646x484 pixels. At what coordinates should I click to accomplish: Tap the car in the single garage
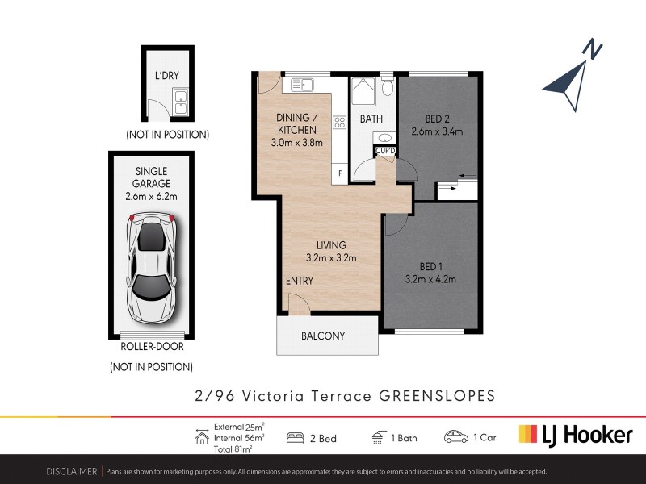pos(153,267)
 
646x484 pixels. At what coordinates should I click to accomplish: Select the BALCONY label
pos(323,336)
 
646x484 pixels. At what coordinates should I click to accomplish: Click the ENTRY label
pos(299,281)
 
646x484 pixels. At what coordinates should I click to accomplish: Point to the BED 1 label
pos(430,266)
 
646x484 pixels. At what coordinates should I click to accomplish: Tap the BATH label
pos(371,119)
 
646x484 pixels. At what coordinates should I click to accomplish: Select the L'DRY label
pos(166,77)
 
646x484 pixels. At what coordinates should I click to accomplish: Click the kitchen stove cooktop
pos(340,123)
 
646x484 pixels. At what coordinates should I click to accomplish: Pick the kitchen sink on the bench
pos(301,83)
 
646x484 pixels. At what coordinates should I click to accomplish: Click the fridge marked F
pos(340,173)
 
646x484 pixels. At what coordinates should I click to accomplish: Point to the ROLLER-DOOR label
pos(151,347)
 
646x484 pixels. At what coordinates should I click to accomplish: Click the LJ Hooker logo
pos(575,435)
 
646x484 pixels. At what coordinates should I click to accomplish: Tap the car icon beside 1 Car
pos(455,437)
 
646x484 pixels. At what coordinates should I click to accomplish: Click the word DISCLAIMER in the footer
pos(70,471)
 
